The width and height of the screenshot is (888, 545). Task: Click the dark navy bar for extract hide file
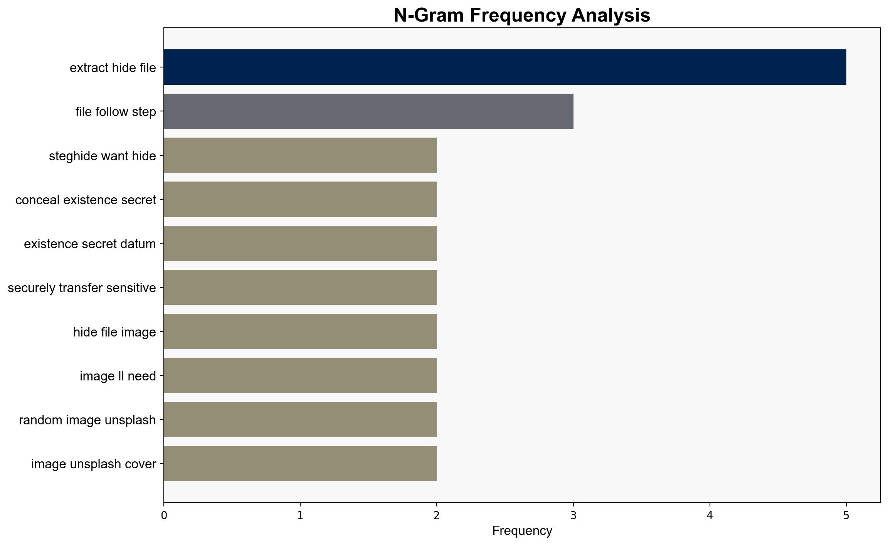point(505,67)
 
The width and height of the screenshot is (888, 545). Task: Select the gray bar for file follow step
point(368,111)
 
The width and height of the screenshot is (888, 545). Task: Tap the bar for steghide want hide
point(300,155)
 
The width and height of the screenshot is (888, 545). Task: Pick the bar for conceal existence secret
point(300,199)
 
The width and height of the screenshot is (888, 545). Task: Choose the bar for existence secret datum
point(300,244)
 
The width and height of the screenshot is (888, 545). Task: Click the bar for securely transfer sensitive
point(300,288)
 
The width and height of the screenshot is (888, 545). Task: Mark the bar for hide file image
point(300,331)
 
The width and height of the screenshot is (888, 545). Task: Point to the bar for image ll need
point(300,375)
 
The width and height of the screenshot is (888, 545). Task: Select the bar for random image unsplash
point(300,420)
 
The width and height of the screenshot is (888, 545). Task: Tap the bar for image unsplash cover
point(300,464)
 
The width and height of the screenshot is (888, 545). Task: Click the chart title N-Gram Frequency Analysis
point(522,15)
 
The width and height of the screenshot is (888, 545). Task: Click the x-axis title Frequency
point(522,531)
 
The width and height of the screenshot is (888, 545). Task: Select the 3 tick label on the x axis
point(573,515)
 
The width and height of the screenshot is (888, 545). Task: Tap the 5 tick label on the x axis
point(846,515)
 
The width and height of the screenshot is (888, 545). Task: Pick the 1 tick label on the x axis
point(300,515)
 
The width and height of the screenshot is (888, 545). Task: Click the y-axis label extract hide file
point(113,68)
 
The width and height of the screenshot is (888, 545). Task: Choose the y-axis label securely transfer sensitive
point(82,288)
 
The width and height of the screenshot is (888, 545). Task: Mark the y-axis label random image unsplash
point(87,420)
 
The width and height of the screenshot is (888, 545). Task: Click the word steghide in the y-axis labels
point(73,156)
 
